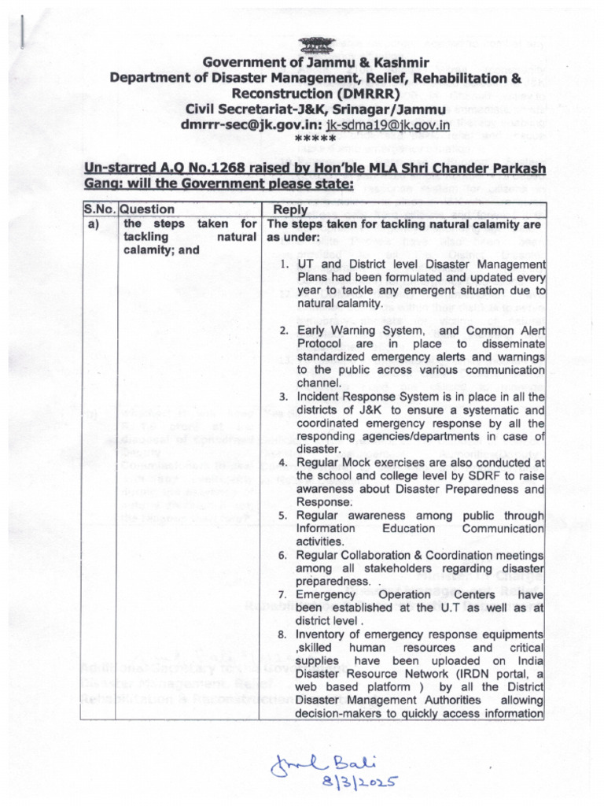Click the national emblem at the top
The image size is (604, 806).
pyautogui.click(x=315, y=45)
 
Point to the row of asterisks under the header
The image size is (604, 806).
pyautogui.click(x=315, y=139)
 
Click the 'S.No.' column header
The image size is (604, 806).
pyautogui.click(x=99, y=210)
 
